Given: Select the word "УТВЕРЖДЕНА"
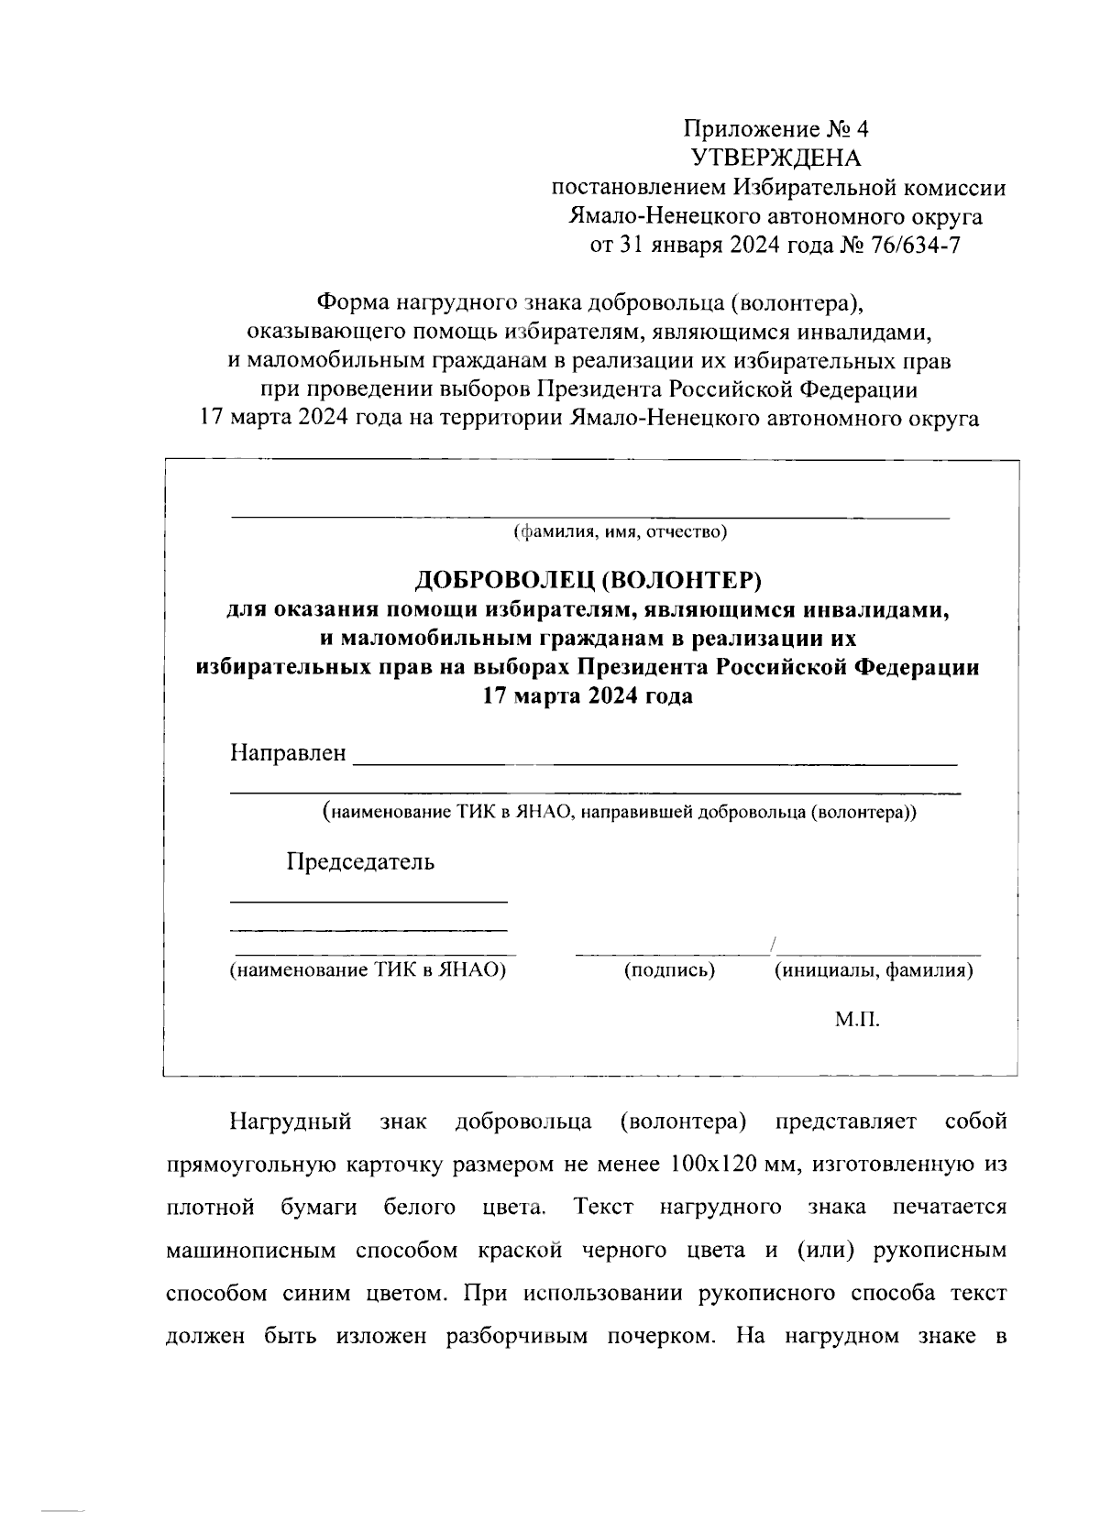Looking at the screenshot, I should (x=776, y=158).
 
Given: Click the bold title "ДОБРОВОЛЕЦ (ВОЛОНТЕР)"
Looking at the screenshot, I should (x=588, y=579).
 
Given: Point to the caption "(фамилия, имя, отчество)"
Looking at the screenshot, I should (x=620, y=531).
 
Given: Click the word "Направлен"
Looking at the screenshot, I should (x=288, y=753).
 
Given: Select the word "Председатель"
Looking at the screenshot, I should (x=360, y=862).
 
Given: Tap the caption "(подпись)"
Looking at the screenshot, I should (x=669, y=970).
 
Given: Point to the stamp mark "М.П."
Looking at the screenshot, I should (x=857, y=1020).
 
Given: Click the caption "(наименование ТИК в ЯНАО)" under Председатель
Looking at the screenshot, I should (x=368, y=970).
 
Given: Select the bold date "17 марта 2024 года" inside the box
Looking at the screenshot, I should (x=588, y=696).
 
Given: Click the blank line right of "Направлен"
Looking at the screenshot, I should (x=654, y=761).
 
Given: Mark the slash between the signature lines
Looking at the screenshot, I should (x=775, y=945).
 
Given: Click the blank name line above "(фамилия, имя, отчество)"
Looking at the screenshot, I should (x=588, y=517).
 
